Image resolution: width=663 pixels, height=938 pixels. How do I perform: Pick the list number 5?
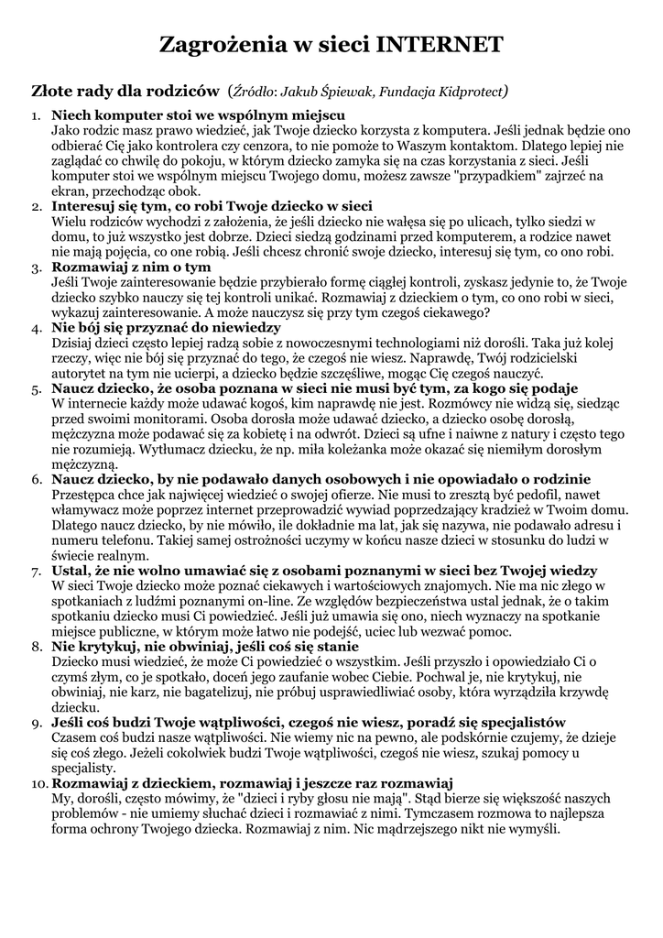coord(37,387)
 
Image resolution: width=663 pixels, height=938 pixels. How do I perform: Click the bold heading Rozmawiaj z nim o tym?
coord(131,267)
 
